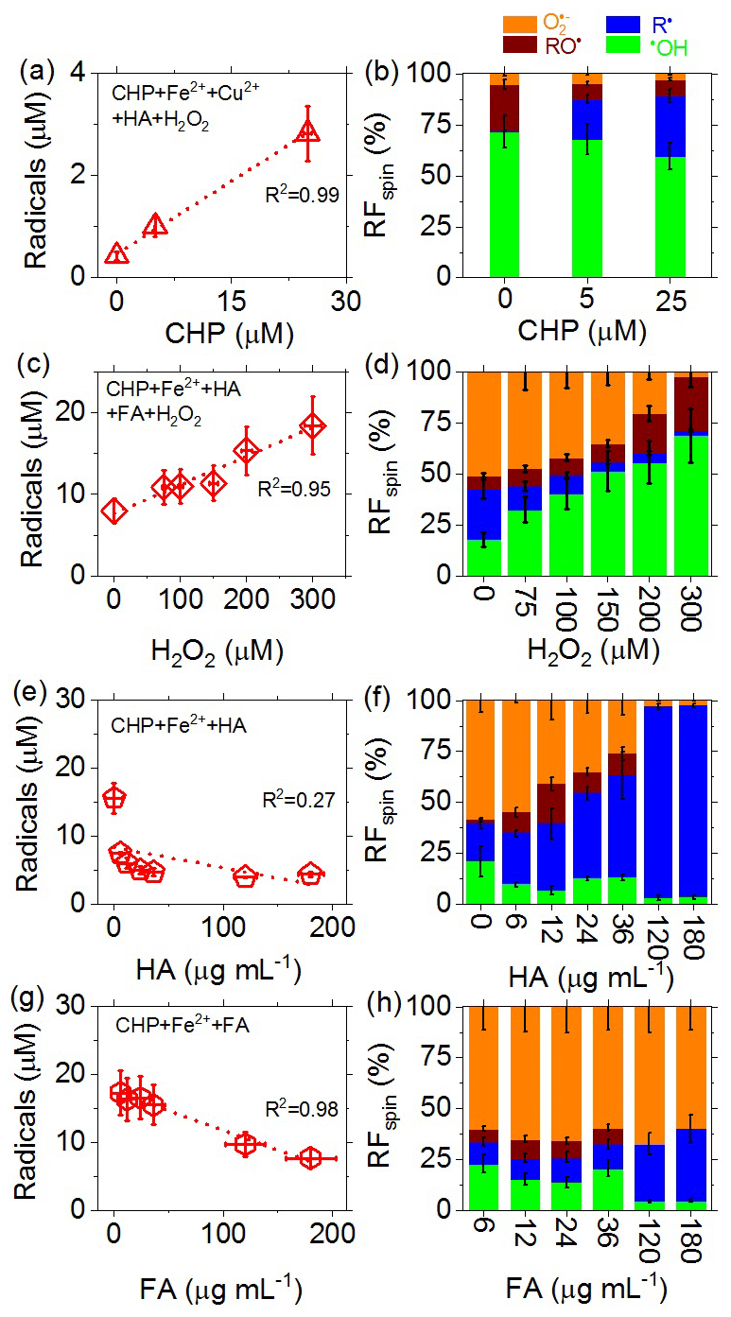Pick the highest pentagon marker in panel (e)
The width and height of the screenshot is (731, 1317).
click(114, 798)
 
